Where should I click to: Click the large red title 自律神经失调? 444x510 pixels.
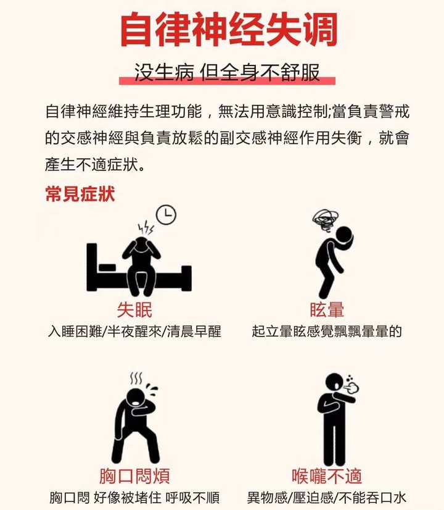pos(228,30)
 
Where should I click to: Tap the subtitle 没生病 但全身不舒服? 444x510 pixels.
pos(227,72)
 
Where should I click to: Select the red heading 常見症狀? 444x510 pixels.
pos(80,194)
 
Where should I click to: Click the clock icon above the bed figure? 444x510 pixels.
pos(166,215)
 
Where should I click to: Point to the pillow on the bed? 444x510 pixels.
pos(107,268)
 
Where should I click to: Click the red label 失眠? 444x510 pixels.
pos(134,310)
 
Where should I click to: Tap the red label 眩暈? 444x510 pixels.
pos(327,310)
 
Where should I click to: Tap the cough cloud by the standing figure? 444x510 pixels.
pos(352,386)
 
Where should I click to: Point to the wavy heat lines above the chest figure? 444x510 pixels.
pos(136,378)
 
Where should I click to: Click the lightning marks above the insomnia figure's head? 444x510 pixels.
pos(146,228)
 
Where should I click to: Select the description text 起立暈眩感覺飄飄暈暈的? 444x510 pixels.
pos(327,332)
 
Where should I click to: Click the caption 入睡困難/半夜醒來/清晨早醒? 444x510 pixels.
pos(134,332)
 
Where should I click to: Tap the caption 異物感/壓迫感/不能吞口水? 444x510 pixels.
pos(327,498)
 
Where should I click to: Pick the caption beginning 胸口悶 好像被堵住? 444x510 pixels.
pos(134,498)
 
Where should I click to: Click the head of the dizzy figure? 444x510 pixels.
pos(343,235)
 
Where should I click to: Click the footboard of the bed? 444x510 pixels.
pos(186,278)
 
